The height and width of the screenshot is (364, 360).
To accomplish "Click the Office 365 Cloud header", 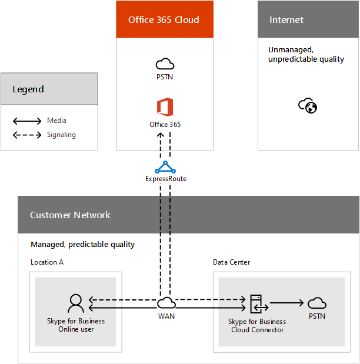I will point(164,19).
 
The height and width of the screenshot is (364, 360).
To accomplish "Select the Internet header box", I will point(308,19).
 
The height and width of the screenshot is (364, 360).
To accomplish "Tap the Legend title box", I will point(49,89).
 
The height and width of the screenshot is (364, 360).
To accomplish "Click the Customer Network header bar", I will point(188,215).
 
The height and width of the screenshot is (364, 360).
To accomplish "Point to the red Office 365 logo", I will point(165,108).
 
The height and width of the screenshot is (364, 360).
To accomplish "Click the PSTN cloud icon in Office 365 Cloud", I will point(165,64).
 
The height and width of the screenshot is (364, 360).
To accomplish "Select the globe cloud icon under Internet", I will point(308,106).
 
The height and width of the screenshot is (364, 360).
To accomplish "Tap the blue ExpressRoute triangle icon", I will point(165,167).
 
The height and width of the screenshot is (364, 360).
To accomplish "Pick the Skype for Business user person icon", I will point(76,303).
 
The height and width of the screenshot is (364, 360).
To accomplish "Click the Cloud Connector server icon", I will point(257,304).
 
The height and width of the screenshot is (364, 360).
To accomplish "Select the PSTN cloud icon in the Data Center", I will point(317,303).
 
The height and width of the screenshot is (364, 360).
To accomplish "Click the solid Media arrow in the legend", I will point(27,121).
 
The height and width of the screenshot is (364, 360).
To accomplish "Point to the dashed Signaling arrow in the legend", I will point(27,135).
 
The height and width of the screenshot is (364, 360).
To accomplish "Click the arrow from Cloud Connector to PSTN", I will point(286,303).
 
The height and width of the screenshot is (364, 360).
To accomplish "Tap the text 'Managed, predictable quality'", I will point(83,244).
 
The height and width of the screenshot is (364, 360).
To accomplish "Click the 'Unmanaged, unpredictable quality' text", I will point(306,55).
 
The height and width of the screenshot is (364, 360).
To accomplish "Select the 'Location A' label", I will point(47,262).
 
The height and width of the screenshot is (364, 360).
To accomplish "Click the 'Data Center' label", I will point(231,262).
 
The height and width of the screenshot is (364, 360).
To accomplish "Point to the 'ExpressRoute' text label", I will point(165,179).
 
